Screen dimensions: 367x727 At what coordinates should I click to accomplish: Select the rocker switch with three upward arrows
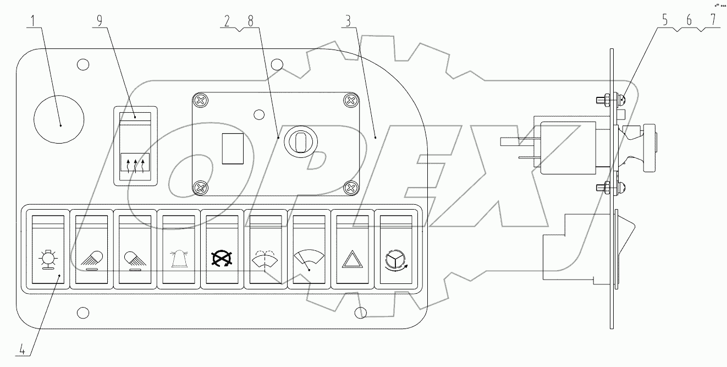coord(135,146)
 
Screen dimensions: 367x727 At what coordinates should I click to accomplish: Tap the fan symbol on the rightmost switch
coord(395,261)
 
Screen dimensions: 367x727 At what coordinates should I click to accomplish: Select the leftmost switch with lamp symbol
coord(48,260)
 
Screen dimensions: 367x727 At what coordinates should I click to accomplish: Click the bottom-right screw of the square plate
coord(350,188)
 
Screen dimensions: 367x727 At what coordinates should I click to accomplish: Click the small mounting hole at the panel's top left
coord(83,64)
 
